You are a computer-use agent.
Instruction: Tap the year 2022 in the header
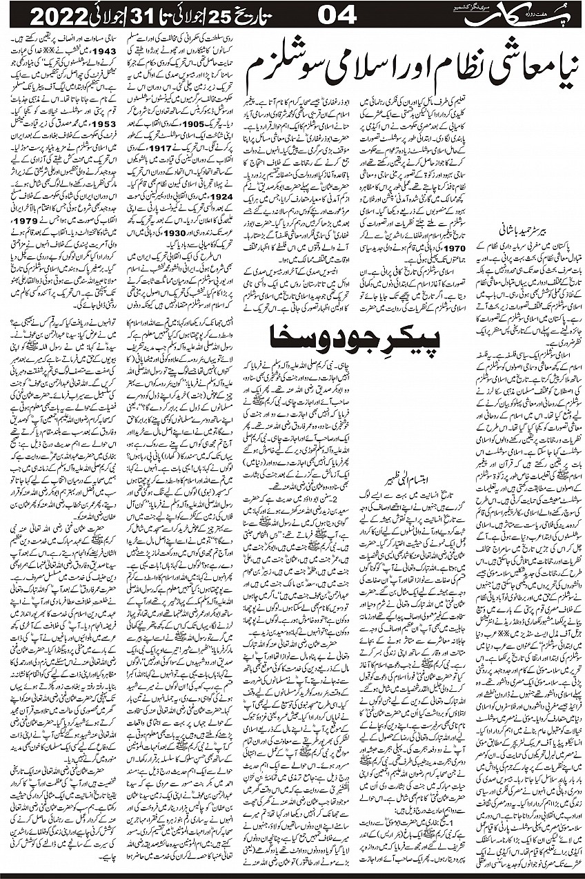43,15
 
